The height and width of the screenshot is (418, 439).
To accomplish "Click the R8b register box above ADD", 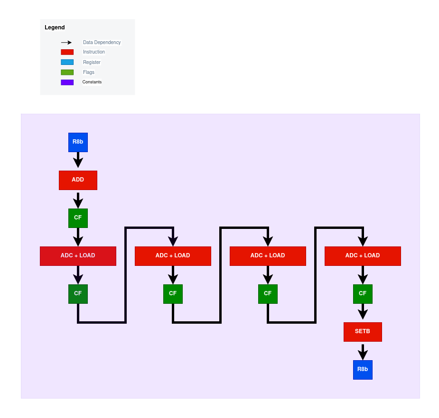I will tap(78, 142).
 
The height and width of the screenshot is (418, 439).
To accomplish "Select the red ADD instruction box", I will tap(78, 180).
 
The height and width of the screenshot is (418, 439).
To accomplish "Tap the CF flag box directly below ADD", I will tap(78, 218).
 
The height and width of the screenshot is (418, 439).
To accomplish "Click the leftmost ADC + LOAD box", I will tap(78, 256).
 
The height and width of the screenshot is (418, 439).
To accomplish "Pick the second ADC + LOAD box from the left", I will tap(173, 256).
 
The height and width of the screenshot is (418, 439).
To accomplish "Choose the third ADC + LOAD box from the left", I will tap(268, 256).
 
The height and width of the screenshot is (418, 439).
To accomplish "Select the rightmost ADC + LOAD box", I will tap(363, 256).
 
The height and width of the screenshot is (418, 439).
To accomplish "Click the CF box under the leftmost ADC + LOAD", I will tap(78, 294).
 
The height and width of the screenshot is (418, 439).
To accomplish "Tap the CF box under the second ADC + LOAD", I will tap(173, 294).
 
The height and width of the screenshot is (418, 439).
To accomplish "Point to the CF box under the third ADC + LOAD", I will tap(268, 294).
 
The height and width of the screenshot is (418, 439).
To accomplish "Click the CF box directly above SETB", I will tap(363, 294).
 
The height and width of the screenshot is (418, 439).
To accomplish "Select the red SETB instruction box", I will tap(363, 332).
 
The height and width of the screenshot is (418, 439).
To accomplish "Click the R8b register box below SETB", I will tap(363, 370).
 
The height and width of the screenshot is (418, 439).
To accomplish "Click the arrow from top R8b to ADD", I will tap(78, 160).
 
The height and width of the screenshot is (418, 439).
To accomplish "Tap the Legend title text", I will tap(55, 27).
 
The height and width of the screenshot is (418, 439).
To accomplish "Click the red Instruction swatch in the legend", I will tap(67, 52).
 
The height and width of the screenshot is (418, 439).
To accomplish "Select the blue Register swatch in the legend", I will tap(67, 62).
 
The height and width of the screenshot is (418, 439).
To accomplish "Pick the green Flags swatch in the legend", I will tap(67, 73).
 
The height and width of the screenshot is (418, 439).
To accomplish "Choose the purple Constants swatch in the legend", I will tap(67, 82).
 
